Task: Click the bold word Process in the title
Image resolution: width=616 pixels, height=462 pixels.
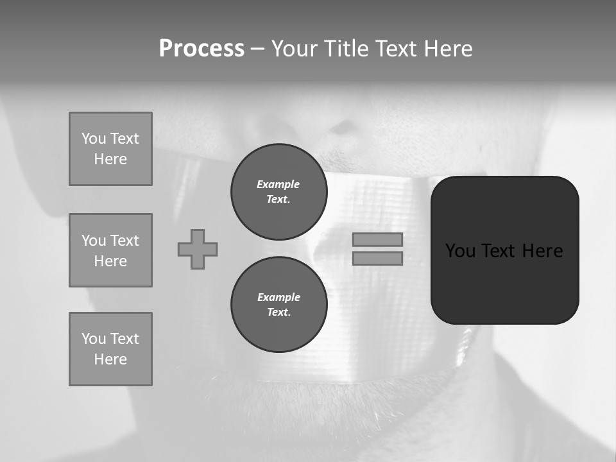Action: pos(201,49)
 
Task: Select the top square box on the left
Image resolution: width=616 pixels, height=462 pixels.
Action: pos(110,149)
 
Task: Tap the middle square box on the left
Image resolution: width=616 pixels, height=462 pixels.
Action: pos(110,250)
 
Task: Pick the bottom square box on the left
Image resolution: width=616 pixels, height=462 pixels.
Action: pos(110,349)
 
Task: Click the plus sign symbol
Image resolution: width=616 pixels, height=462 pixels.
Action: pos(198,249)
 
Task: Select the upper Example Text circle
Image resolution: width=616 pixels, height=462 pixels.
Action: pos(278,192)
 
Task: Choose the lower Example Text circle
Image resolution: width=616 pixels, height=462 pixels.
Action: pos(278,305)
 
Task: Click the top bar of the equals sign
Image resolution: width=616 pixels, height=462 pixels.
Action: pos(377,239)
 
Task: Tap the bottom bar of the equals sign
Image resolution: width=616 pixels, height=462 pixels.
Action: pos(377,259)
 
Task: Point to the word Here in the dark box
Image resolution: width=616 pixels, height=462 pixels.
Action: pos(542,251)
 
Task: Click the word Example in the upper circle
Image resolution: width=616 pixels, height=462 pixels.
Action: pos(278,184)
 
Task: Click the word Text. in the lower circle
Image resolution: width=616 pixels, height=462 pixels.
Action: pos(278,312)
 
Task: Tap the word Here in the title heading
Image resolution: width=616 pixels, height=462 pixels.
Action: pos(447,49)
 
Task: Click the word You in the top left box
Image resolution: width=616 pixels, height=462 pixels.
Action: pos(94,139)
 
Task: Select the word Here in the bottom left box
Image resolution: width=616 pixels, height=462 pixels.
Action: pos(110,359)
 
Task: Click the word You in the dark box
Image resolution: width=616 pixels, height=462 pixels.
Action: pos(461,251)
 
